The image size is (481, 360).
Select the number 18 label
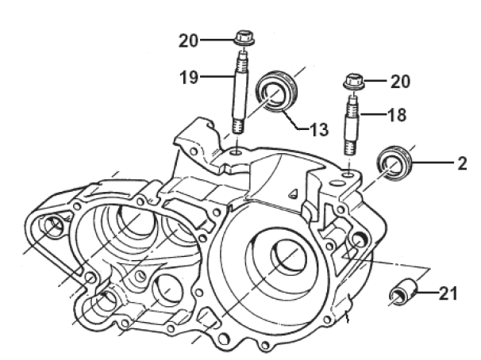click(397, 115)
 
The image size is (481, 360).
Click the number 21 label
click(448, 295)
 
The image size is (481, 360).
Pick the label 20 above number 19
click(190, 39)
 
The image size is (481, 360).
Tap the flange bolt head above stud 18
click(353, 80)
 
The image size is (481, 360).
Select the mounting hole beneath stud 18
click(349, 169)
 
